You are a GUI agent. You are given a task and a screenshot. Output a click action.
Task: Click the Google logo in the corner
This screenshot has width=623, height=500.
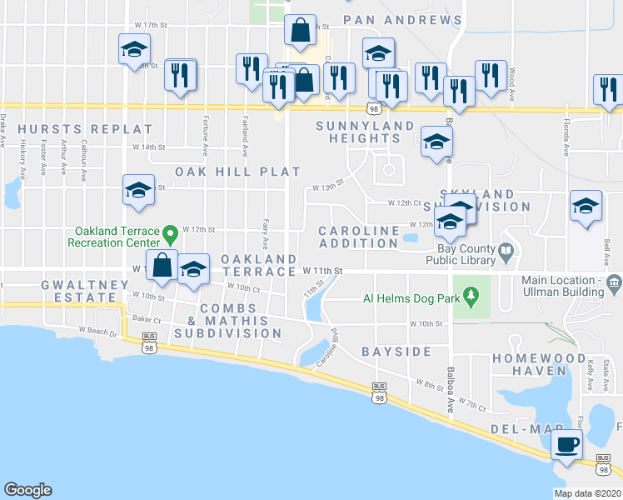27,490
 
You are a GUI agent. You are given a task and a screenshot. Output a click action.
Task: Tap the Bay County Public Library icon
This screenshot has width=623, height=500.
506,250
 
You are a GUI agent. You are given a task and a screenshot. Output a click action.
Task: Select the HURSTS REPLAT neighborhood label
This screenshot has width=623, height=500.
86,129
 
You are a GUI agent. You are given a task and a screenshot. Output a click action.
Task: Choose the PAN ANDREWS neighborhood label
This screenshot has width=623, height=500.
402,20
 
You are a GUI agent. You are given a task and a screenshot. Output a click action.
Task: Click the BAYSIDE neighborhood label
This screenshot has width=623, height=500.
396,352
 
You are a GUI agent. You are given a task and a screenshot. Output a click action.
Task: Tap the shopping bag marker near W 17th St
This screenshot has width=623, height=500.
301,31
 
